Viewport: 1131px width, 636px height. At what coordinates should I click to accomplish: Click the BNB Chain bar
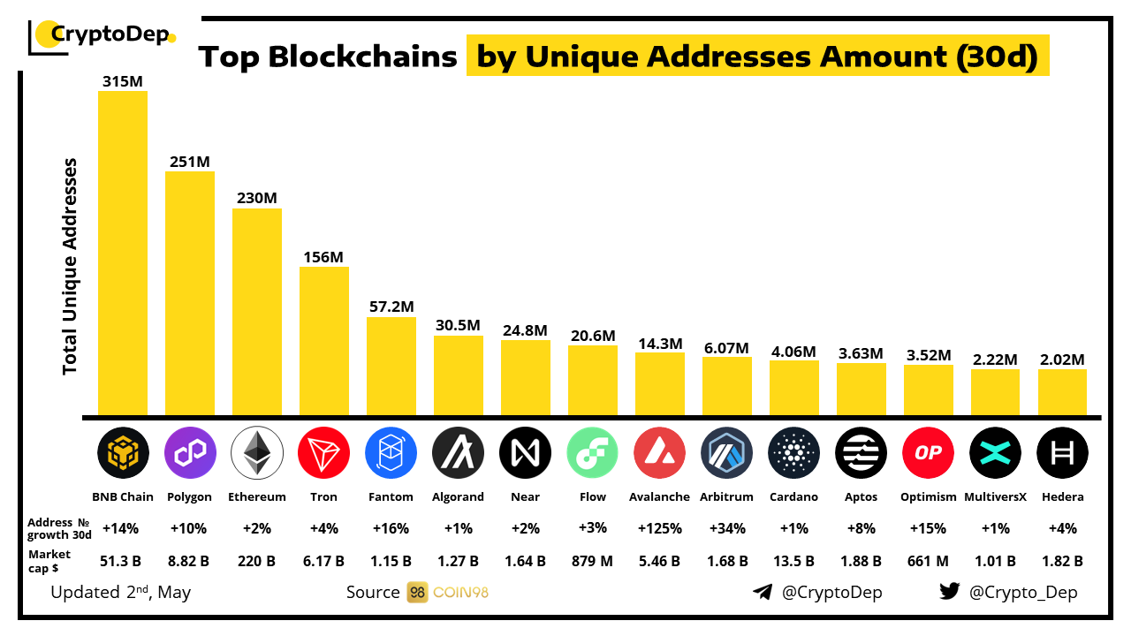[123, 253]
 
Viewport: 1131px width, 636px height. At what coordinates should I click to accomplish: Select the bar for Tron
[324, 341]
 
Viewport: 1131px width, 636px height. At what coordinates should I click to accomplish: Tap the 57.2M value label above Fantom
[391, 307]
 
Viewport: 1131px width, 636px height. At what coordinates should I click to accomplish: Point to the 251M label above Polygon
[190, 162]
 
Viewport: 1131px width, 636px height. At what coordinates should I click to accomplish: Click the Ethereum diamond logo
[257, 453]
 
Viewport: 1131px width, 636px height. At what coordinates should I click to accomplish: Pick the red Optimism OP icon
[928, 453]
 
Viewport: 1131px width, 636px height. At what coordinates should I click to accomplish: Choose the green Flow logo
[593, 453]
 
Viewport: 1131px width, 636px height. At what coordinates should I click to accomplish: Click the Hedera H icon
[1062, 453]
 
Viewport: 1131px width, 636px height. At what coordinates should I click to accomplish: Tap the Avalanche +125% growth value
[659, 528]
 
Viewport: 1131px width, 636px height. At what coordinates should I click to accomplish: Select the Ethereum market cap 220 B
[257, 560]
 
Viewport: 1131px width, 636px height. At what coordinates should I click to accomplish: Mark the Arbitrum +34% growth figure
[727, 528]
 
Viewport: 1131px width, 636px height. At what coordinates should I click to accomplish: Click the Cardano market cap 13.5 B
[793, 560]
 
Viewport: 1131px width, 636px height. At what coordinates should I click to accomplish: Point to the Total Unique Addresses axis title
[71, 266]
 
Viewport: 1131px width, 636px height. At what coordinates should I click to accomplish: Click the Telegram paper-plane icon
[763, 592]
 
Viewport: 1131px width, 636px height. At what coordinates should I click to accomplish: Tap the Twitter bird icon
[950, 592]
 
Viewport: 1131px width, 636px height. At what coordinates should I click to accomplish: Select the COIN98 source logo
[448, 592]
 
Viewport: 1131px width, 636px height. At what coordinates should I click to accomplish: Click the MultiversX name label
[996, 496]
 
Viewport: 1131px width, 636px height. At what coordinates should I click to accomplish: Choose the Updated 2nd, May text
[120, 592]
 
